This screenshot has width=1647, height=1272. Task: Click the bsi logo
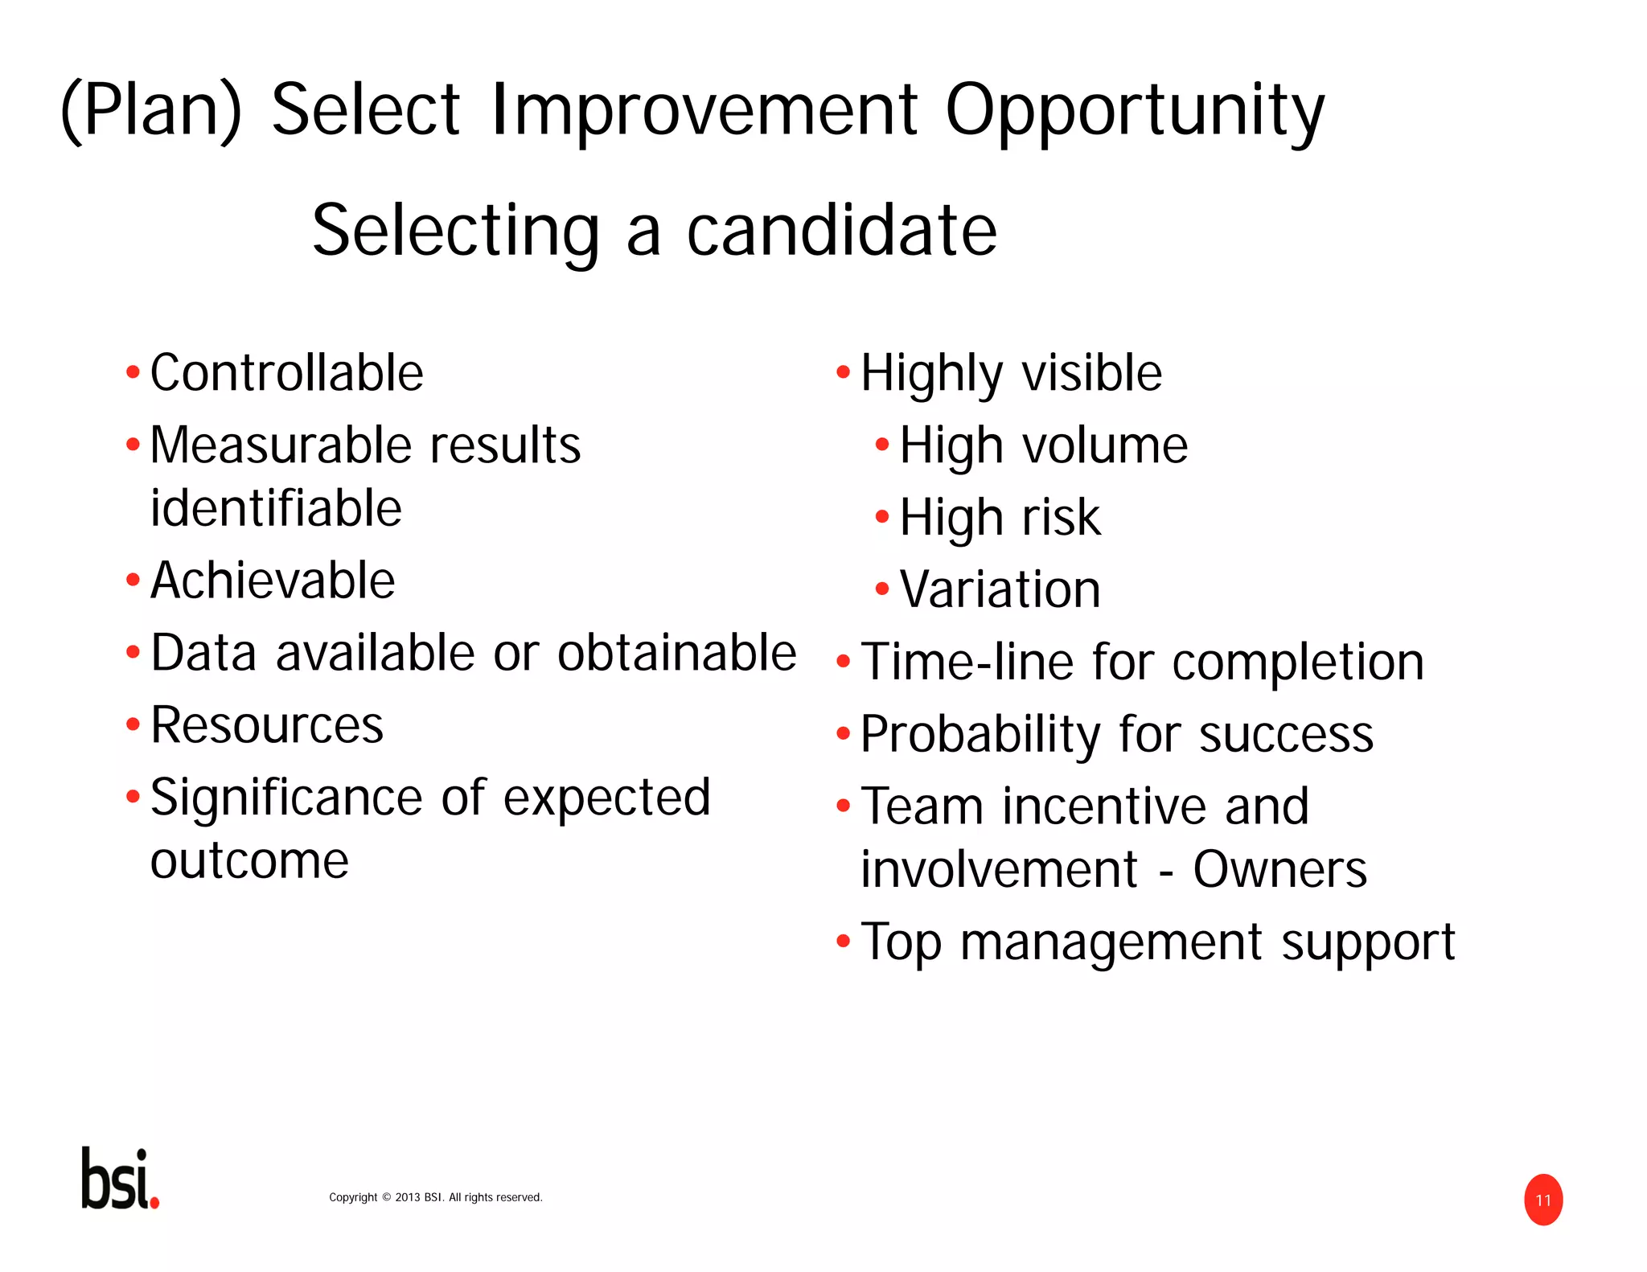pyautogui.click(x=120, y=1178)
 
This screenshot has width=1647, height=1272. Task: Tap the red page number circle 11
pyautogui.click(x=1542, y=1200)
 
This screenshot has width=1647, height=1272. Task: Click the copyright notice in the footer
pyautogui.click(x=435, y=1197)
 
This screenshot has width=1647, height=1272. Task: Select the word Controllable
pyautogui.click(x=286, y=373)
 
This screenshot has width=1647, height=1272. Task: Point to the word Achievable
pyautogui.click(x=273, y=581)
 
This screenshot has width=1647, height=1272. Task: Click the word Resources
pyautogui.click(x=267, y=725)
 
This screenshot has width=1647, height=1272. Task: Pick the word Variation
pyautogui.click(x=1000, y=589)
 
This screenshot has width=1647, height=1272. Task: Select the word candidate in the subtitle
pyautogui.click(x=841, y=231)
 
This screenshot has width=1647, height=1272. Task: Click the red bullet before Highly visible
pyautogui.click(x=843, y=372)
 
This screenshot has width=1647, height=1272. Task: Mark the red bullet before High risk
pyautogui.click(x=882, y=516)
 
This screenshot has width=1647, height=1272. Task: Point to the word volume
pyautogui.click(x=1104, y=445)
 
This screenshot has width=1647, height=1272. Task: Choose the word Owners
pyautogui.click(x=1279, y=869)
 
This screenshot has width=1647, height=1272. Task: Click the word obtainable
pyautogui.click(x=676, y=653)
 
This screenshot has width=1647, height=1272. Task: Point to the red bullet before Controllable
pyautogui.click(x=133, y=372)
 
